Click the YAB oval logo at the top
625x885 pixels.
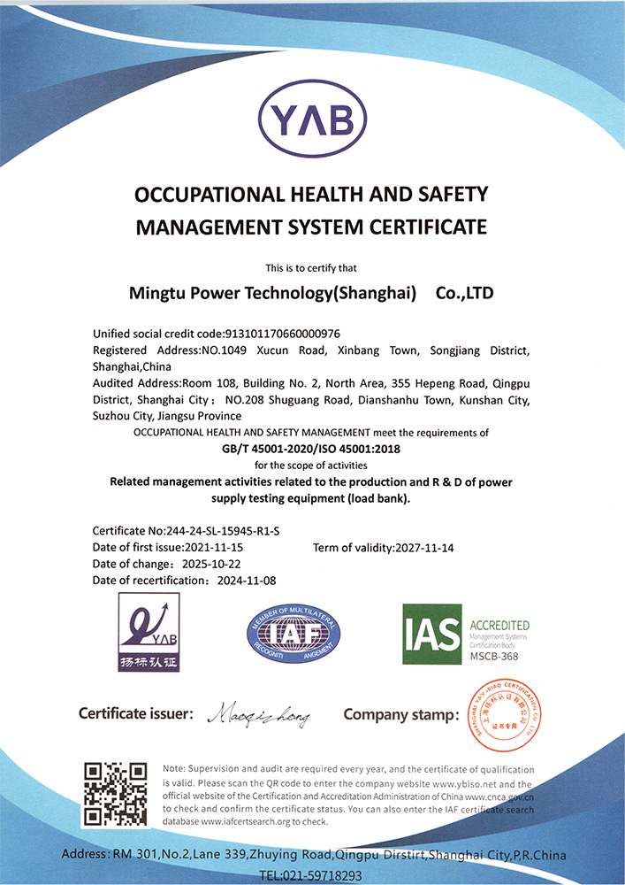311,118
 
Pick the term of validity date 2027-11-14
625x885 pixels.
423,548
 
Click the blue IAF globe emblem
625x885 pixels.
292,633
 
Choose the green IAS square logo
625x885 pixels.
432,634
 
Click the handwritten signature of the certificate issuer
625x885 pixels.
259,714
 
